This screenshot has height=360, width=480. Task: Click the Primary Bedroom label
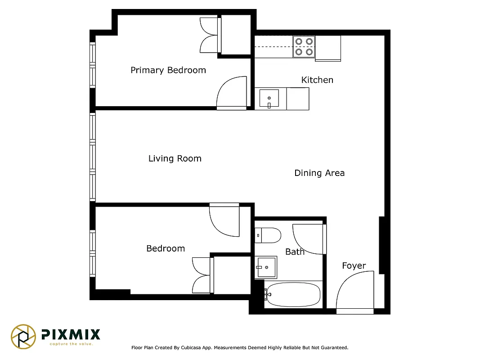tap(168, 70)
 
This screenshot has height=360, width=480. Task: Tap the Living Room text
tap(175, 158)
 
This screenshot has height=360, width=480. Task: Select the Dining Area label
tap(319, 173)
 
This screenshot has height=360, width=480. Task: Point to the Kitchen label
tap(317, 80)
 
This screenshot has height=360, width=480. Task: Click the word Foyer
tap(354, 265)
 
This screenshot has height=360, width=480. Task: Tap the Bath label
tap(295, 252)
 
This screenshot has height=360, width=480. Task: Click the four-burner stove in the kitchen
tap(303, 47)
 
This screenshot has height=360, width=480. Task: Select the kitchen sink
tap(269, 98)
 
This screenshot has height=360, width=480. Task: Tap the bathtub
tap(292, 295)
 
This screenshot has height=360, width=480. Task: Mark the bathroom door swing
tap(308, 238)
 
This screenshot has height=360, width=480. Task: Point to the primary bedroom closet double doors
tap(209, 36)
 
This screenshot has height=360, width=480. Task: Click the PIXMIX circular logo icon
tap(23, 336)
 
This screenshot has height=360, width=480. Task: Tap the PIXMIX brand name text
tap(71, 334)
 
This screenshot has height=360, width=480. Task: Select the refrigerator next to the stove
tap(328, 48)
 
